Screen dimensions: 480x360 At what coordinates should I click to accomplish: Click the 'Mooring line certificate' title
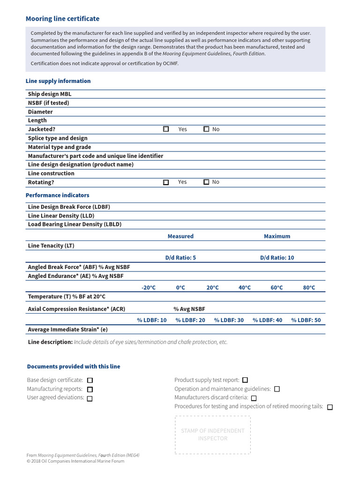point(62,19)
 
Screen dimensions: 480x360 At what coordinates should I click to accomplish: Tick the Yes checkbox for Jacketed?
point(166,129)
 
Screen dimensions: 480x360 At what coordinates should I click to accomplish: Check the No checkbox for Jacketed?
point(206,129)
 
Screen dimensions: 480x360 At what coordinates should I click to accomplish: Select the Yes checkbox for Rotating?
point(166,182)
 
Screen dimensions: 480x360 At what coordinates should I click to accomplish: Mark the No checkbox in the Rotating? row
point(206,182)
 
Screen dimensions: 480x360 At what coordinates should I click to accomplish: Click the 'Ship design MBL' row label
point(50,94)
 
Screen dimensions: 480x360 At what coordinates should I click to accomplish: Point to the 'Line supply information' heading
point(58,81)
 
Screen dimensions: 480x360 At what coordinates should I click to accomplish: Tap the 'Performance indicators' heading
point(57,195)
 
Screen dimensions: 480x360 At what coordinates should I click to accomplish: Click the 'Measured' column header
point(180,236)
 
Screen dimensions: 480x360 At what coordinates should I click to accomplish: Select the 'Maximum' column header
point(277,236)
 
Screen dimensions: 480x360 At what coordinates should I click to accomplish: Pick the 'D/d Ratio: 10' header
point(277,258)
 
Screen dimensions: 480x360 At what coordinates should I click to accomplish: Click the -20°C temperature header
point(149,288)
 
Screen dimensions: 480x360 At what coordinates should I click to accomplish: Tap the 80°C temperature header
point(309,288)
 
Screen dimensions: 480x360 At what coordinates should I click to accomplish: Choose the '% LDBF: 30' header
point(229,320)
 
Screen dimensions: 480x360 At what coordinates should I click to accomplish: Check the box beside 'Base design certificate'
point(90,380)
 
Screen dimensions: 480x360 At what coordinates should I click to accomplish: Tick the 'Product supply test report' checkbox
point(245,380)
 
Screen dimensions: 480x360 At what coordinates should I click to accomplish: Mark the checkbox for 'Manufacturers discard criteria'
point(254,398)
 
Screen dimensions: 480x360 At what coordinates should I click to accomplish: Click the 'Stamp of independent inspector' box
point(213,435)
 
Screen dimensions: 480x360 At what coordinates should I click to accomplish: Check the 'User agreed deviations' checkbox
point(90,398)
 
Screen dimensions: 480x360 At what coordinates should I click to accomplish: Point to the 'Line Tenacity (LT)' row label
point(51,246)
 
